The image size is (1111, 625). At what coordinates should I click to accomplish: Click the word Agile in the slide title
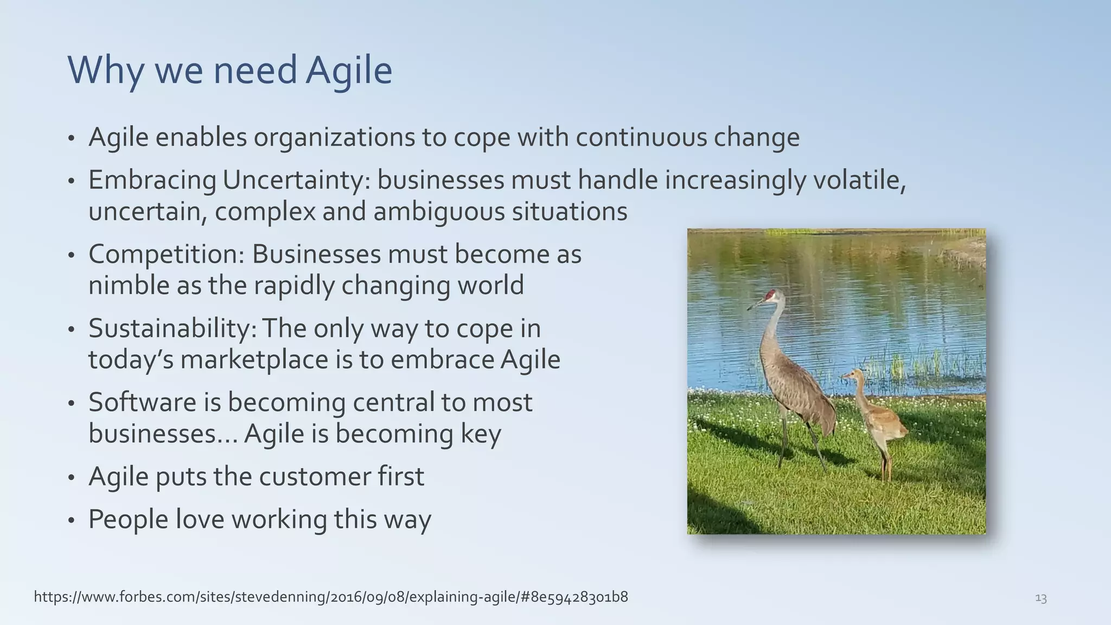tap(348, 71)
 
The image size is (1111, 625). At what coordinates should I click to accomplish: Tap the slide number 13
tap(1040, 598)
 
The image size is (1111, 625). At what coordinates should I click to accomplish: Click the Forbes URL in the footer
tap(331, 597)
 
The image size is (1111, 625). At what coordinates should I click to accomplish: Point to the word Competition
tap(166, 254)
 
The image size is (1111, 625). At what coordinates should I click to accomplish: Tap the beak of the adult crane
tap(755, 305)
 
